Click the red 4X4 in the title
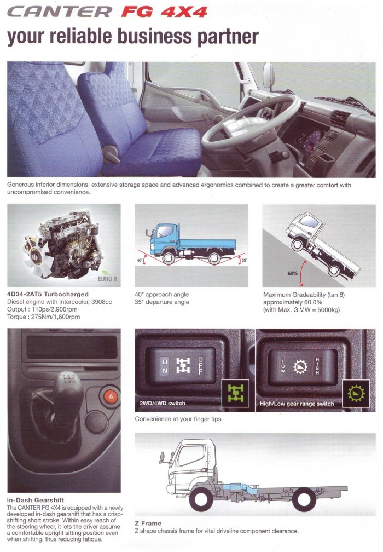click(x=184, y=12)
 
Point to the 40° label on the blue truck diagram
click(x=140, y=261)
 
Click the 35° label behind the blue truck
click(x=245, y=261)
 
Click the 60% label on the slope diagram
click(x=292, y=273)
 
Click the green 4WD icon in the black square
click(x=236, y=394)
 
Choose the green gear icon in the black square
click(x=356, y=393)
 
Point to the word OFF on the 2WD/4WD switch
click(x=200, y=366)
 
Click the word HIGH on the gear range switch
click(x=317, y=366)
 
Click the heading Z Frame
click(x=148, y=523)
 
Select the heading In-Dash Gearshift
click(x=36, y=500)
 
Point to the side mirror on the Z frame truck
click(x=162, y=457)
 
